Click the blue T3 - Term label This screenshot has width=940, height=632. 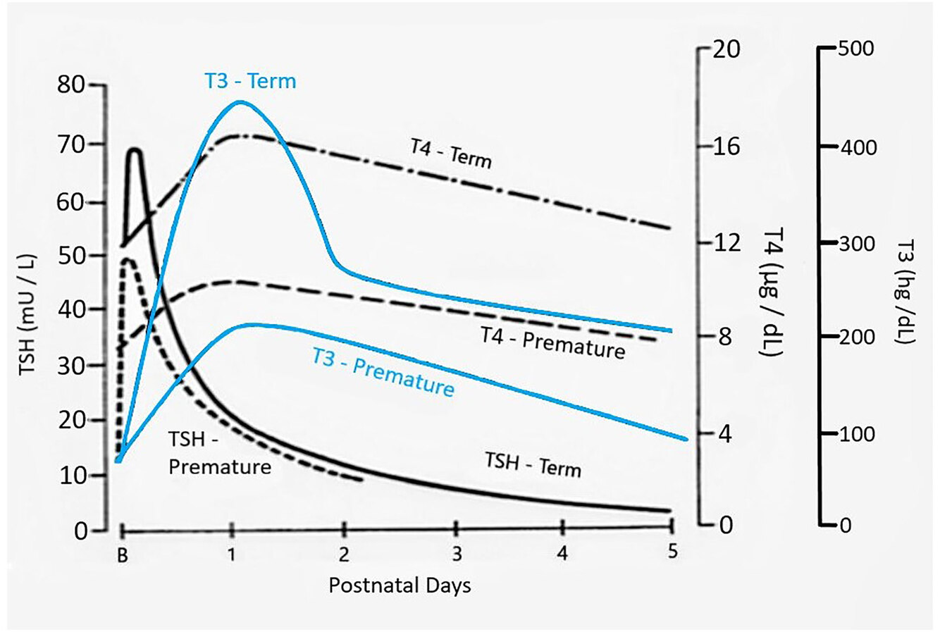250,81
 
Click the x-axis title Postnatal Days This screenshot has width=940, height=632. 400,585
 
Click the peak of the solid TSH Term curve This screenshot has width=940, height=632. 134,149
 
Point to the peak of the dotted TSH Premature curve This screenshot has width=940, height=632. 128,259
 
